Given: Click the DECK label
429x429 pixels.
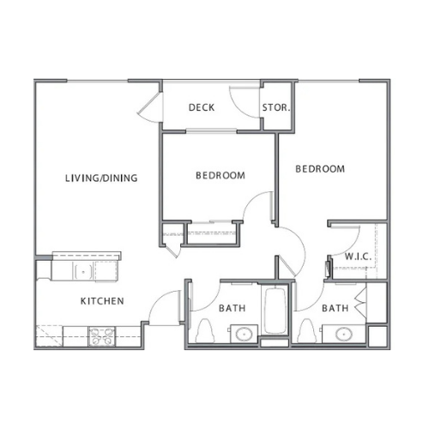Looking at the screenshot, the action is pos(202,107).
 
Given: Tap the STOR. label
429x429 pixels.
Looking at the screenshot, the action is pos(276,107).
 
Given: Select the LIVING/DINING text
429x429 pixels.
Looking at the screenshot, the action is pos(101,178).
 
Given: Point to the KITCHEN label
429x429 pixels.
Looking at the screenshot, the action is pos(102,301).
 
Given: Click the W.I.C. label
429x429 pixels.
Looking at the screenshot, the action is pos(358,257).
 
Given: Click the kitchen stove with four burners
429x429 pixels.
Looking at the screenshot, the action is pos(101,336).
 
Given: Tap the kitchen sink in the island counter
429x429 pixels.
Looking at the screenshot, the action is pos(83,272).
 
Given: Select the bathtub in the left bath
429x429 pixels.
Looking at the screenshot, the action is pos(275,311).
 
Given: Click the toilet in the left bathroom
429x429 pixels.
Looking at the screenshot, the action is pos(205,330).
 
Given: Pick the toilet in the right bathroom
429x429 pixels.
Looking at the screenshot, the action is pos(306,330).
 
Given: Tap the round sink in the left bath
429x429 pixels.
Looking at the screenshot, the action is pos(244,334).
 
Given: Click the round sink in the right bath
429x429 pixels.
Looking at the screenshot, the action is pos(344,334).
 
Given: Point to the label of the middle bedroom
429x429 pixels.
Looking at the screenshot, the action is pos(221,175).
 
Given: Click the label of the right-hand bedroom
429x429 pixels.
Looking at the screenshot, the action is pos(320,169).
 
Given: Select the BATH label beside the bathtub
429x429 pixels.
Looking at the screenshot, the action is pos(233,308).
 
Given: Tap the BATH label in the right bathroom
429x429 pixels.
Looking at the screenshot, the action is pos(335,308).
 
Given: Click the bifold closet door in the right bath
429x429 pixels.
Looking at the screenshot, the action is pos(360,303).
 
